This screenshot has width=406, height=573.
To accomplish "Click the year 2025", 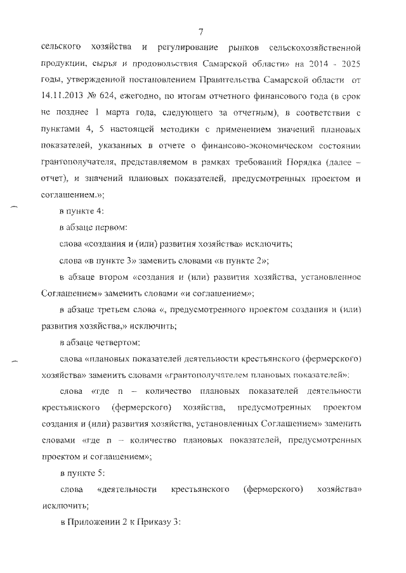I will click(x=349, y=65).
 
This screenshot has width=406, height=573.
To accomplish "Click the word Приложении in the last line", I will click(x=95, y=522).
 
